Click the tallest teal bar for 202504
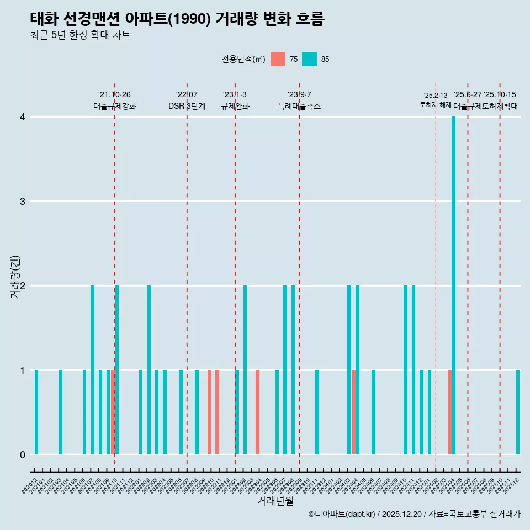coord(453,285)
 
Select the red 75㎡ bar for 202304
coord(257,412)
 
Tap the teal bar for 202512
coord(518,412)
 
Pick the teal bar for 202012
coord(36,412)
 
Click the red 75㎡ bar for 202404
coord(353,412)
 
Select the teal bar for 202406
coord(373,412)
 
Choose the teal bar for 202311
coord(317,412)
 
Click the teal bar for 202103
coord(60,412)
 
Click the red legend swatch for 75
coord(278,59)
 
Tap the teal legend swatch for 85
coord(310,59)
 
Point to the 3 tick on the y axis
coord(23,201)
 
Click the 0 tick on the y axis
coord(23,454)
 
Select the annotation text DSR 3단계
coord(187,106)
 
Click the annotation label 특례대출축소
coord(299,106)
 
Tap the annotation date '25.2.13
coord(436,96)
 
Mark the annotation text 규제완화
coord(235,106)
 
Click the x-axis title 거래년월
coord(275,501)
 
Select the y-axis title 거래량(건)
coord(15,277)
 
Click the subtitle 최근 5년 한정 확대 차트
coord(80,35)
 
